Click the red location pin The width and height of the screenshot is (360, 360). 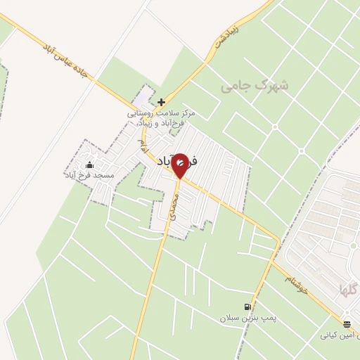pyautogui.click(x=180, y=165)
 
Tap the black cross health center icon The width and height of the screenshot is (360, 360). pyautogui.click(x=162, y=102)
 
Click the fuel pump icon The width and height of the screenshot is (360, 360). pyautogui.click(x=247, y=307)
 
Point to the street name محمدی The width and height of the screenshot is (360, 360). pyautogui.click(x=175, y=209)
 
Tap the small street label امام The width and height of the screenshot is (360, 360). pyautogui.click(x=143, y=145)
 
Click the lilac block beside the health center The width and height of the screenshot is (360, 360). pyautogui.click(x=145, y=95)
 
